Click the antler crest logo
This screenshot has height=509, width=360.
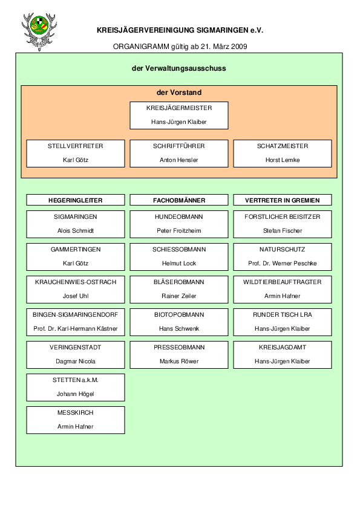click(x=39, y=32)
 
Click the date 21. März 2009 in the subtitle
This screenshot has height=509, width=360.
click(x=224, y=47)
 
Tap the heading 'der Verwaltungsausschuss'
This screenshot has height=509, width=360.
click(x=178, y=68)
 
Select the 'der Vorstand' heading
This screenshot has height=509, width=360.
click(x=179, y=92)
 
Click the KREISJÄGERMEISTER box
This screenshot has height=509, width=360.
click(x=179, y=115)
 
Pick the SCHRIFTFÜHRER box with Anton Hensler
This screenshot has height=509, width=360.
click(x=179, y=154)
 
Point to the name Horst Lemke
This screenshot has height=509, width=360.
click(x=283, y=160)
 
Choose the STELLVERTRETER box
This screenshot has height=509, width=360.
click(x=76, y=154)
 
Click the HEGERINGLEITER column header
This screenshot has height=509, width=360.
click(x=76, y=200)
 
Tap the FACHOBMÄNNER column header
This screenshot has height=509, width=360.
click(x=179, y=200)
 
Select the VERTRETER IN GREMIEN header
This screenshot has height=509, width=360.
click(x=283, y=200)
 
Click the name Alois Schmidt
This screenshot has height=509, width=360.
click(x=76, y=231)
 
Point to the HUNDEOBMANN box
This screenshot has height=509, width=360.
click(x=179, y=224)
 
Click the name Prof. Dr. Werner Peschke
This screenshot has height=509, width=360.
click(x=283, y=263)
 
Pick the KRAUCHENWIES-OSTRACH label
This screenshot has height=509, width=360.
click(x=76, y=282)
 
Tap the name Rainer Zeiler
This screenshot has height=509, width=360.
click(x=179, y=296)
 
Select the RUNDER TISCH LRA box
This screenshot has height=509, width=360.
click(x=283, y=322)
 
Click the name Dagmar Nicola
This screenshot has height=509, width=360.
click(x=76, y=361)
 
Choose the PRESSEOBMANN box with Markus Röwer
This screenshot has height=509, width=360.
click(x=179, y=355)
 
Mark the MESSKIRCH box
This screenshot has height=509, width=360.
click(x=76, y=420)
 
